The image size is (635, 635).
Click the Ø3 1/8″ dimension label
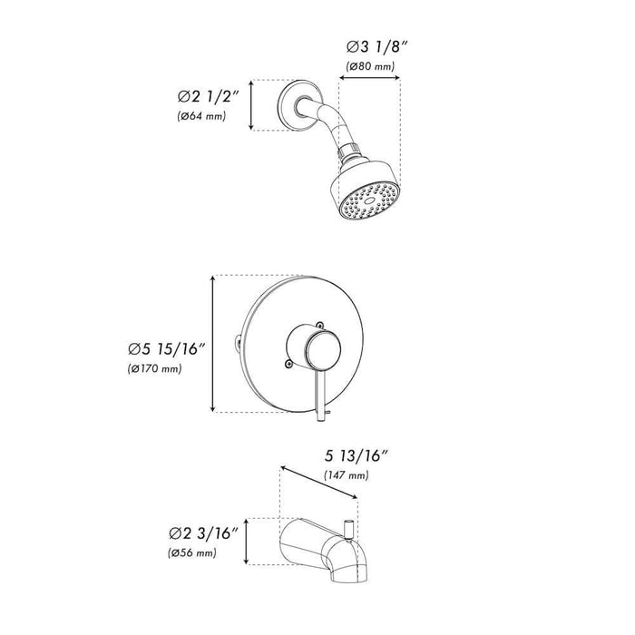(376, 46)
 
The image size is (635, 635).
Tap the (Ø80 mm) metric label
(370, 66)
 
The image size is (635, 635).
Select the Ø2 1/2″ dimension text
(209, 96)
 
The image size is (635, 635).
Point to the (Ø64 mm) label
(201, 116)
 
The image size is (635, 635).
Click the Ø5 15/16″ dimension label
(168, 348)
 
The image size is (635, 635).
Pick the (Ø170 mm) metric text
(155, 369)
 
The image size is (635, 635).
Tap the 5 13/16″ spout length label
(357, 456)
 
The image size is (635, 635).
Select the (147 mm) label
(347, 475)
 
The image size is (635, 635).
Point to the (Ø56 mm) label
(192, 552)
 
